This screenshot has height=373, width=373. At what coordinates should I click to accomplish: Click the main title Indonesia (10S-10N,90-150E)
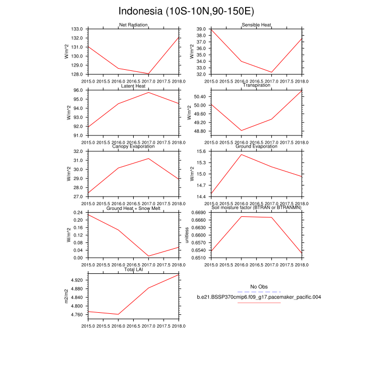click(x=186, y=11)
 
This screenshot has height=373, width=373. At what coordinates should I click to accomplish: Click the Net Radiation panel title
click(x=133, y=25)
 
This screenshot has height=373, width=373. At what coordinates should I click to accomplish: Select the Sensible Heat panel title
click(x=257, y=25)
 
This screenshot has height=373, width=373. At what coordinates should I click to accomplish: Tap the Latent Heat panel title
click(x=133, y=86)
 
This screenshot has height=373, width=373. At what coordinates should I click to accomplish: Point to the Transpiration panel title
click(x=257, y=85)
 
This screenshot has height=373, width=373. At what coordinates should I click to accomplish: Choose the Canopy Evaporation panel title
click(x=133, y=147)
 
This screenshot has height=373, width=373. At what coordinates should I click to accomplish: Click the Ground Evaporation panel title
click(x=257, y=147)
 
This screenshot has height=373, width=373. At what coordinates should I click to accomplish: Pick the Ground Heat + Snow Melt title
click(x=133, y=208)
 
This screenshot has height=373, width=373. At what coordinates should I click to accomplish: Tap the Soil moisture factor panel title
click(x=257, y=208)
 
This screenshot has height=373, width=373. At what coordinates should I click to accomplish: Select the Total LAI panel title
click(x=133, y=270)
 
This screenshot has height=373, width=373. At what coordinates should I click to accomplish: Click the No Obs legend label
click(x=258, y=287)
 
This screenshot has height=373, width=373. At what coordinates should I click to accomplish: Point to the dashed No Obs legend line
click(x=258, y=292)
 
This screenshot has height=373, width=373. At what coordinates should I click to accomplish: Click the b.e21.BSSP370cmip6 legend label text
click(x=258, y=297)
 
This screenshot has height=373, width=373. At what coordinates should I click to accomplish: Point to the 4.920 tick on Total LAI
click(x=77, y=280)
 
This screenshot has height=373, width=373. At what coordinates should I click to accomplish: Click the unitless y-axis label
click(x=186, y=235)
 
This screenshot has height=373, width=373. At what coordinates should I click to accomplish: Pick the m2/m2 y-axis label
click(x=67, y=296)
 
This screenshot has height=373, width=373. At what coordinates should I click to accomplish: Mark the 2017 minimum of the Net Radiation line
click(x=148, y=74)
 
